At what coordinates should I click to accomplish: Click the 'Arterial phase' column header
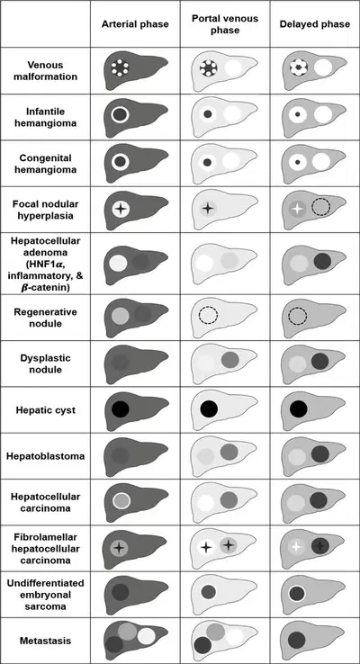point(135,23)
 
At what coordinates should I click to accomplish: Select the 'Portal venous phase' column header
point(225,24)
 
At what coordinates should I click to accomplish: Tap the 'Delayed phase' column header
point(315,23)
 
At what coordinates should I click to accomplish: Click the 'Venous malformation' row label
point(45,71)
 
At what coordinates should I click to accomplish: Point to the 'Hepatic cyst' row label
point(45,410)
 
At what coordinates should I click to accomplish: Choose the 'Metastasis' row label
point(45,641)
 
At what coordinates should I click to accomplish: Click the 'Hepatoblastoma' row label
point(45,456)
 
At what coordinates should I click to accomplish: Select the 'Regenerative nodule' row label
point(45,318)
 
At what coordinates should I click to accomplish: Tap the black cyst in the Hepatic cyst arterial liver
point(121,408)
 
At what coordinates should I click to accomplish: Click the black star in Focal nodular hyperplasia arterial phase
point(121,209)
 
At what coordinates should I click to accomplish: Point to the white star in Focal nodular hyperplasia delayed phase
point(298,208)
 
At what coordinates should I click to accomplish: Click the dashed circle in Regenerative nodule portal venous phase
point(208,315)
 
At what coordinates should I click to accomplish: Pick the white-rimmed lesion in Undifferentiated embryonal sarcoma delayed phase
point(297,593)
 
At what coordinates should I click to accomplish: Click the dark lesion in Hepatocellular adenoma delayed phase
point(323,262)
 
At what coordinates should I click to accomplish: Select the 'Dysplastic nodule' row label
point(45,363)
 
